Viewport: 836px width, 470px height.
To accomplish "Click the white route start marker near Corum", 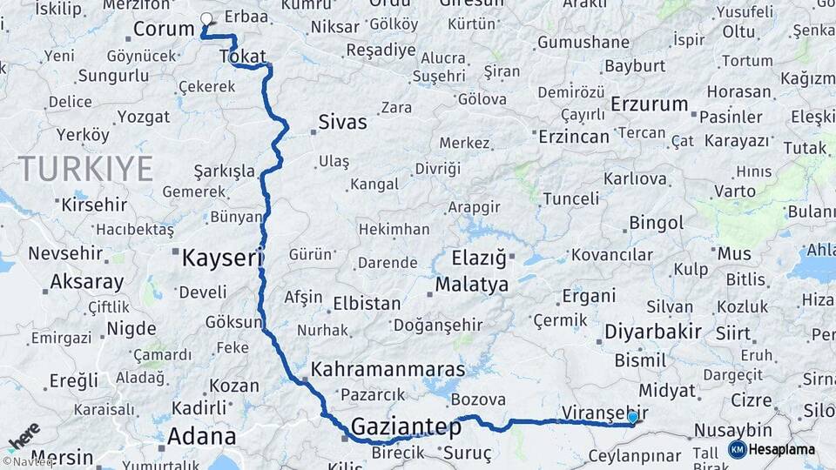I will point(206,18).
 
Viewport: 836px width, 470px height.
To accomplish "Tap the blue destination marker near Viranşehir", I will point(632,418).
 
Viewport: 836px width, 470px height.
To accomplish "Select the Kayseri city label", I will point(221,258).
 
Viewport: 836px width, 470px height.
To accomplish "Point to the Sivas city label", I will point(342,122).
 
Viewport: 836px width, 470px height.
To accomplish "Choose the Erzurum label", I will point(649,104).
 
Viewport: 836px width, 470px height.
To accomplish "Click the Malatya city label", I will point(471,284).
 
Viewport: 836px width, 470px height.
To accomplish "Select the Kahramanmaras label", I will point(388,368).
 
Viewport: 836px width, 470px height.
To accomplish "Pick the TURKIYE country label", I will point(85,167).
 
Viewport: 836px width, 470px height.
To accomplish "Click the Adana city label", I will point(201,436).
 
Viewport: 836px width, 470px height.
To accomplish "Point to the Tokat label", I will point(243,57).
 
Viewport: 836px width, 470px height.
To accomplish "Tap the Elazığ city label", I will point(478,258).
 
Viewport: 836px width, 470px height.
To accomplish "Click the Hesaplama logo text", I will point(782,450).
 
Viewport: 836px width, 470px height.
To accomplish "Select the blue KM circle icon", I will point(737,450).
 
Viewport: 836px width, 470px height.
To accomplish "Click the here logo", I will point(23,435).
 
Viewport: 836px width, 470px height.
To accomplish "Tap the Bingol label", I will point(656,224).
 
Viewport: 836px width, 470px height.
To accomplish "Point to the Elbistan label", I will point(367,305).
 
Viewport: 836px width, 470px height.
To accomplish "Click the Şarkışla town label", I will point(224,171).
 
